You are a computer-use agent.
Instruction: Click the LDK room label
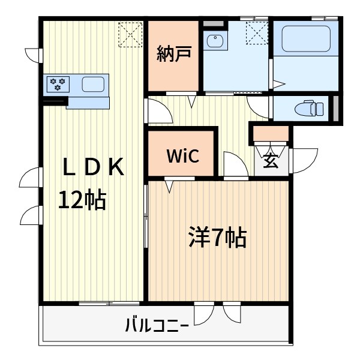coord(94,168)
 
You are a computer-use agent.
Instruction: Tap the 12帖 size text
coord(82,199)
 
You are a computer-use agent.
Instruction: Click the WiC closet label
coord(182,156)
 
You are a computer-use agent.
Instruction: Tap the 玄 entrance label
coord(271,160)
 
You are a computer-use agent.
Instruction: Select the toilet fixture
coord(310,109)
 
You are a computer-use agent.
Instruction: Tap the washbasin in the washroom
coord(215,41)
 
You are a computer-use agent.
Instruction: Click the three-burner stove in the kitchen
coord(59,83)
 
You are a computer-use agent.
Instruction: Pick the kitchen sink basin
coord(93,83)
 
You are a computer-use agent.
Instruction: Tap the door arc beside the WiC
coord(235,164)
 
